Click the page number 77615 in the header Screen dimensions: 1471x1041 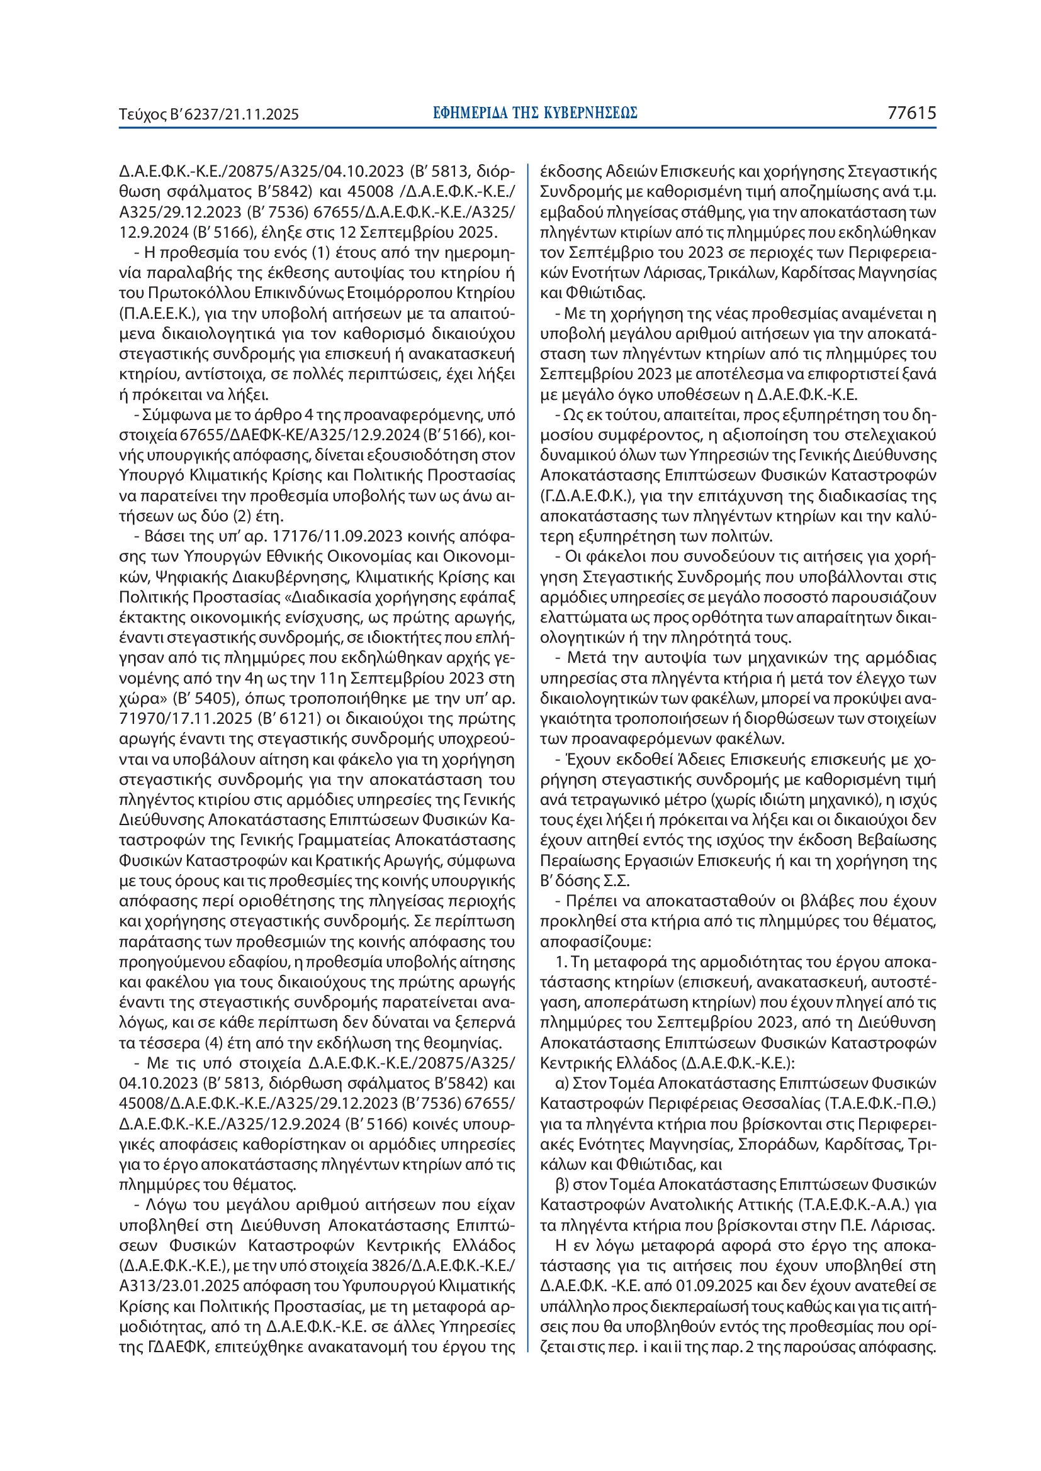pos(911,113)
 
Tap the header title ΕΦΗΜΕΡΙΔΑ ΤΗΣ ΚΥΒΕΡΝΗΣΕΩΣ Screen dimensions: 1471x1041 pos(534,113)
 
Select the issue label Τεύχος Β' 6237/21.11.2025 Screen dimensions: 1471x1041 pos(209,114)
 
